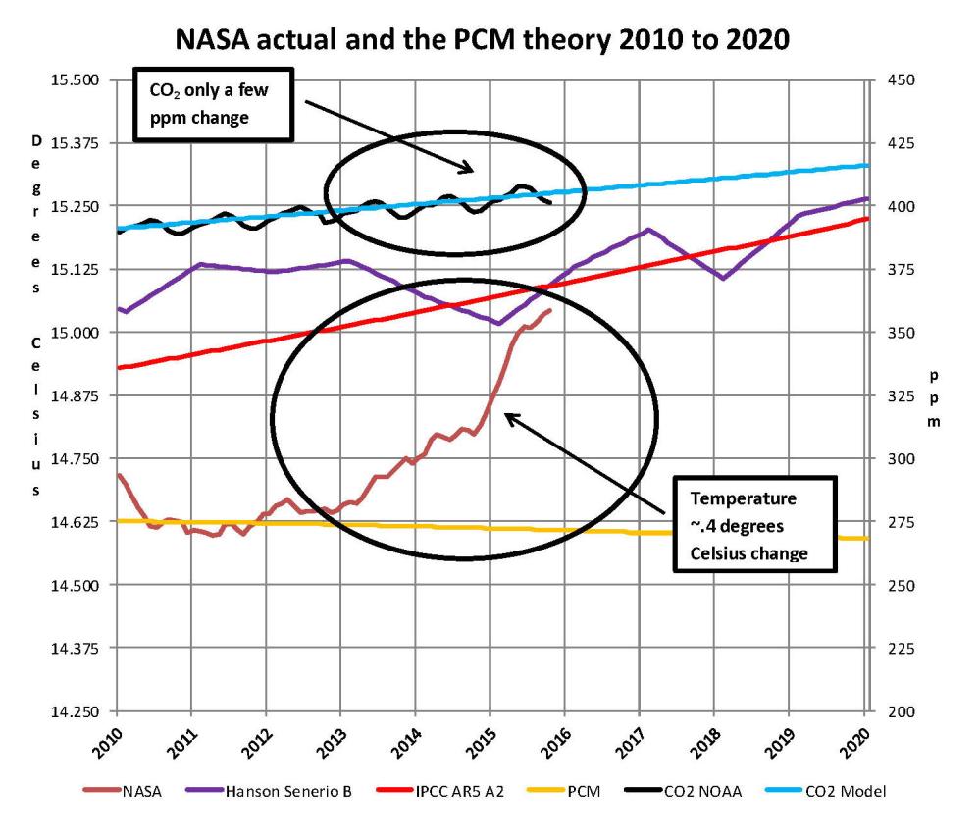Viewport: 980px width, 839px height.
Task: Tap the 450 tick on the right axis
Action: pos(900,79)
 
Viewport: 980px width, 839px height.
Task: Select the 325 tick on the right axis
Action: pos(900,395)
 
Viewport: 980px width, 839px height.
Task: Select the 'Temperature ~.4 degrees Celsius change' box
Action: pos(753,525)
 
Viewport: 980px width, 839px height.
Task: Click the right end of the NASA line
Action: pos(550,310)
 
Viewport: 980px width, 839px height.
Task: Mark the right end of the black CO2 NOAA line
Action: pos(550,202)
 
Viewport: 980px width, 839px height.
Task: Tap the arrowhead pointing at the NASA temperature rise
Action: pos(508,417)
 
